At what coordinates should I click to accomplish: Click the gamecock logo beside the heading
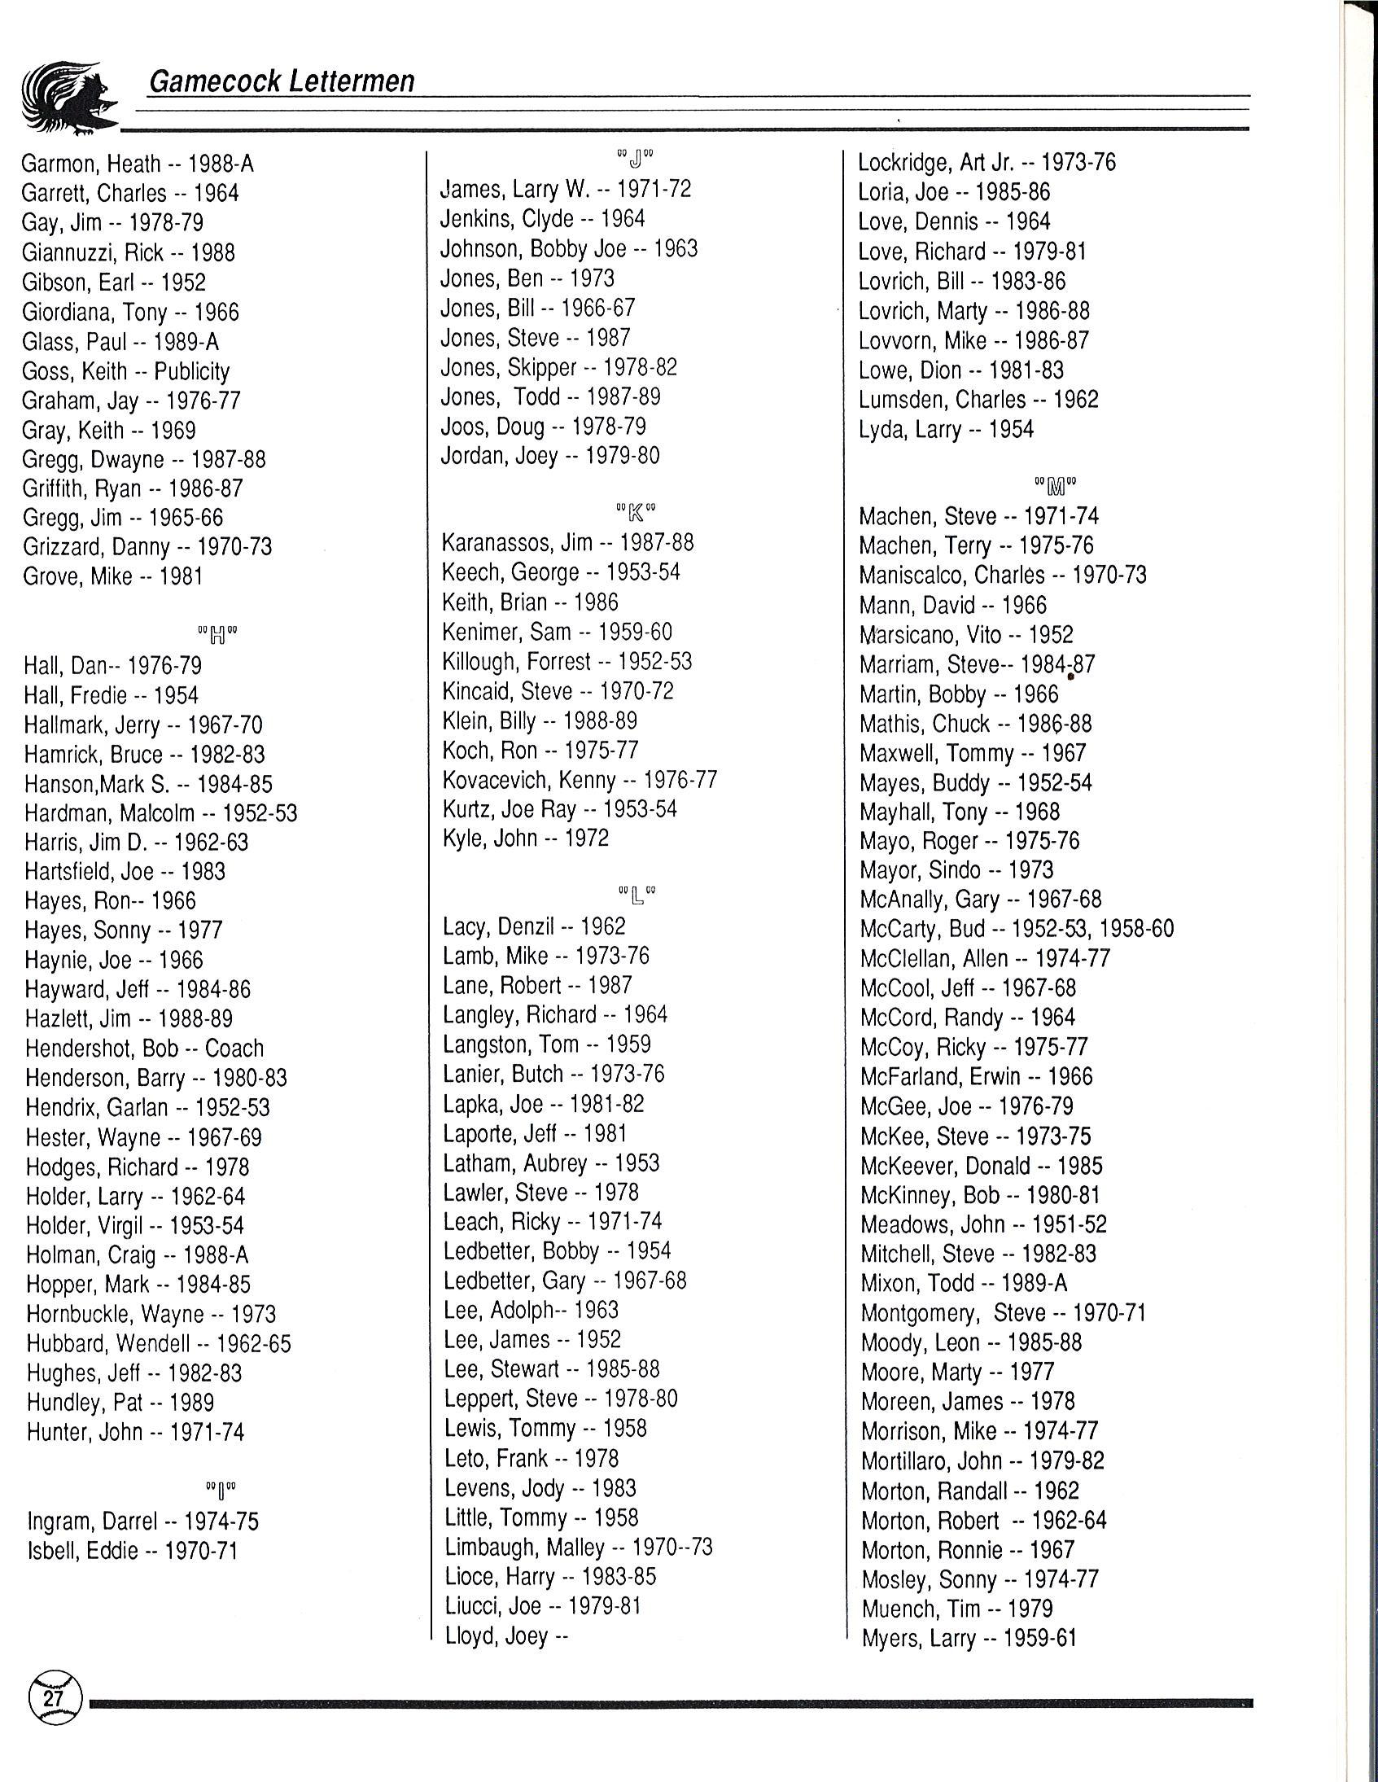69,99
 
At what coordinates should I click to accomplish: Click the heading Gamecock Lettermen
282,81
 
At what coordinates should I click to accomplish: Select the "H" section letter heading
218,635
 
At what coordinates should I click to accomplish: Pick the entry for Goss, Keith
125,371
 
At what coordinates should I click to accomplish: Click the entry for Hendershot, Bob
144,1049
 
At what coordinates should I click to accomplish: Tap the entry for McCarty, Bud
1017,929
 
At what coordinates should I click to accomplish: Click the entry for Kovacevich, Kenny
580,780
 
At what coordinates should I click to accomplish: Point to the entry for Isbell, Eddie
132,1550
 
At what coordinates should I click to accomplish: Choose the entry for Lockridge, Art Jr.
986,162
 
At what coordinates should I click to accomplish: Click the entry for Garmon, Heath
138,164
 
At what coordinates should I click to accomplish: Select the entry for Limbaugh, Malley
579,1547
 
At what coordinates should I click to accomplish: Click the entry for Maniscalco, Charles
1003,576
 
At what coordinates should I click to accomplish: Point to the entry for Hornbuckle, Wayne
151,1315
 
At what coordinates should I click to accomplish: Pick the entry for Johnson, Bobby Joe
569,248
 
